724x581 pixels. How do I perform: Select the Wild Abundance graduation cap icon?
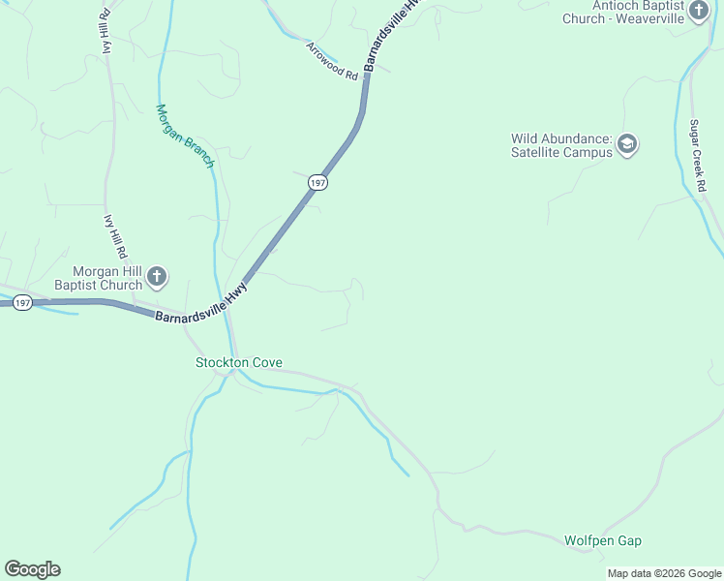coord(627,145)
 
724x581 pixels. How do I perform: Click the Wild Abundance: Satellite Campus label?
coord(562,145)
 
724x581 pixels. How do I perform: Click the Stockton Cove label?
coord(239,363)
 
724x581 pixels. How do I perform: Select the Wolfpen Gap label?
coord(603,540)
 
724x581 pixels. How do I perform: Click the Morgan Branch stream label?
coord(185,137)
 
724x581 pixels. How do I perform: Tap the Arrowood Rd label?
coord(332,61)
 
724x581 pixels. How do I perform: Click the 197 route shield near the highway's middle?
coord(317,182)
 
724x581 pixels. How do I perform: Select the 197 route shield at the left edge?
coord(23,303)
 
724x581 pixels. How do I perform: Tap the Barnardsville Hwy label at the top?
coord(393,35)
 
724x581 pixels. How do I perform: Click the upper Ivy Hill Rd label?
coord(102,34)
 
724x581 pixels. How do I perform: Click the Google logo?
coord(32,569)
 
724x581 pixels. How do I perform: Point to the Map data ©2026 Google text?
coord(665,573)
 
